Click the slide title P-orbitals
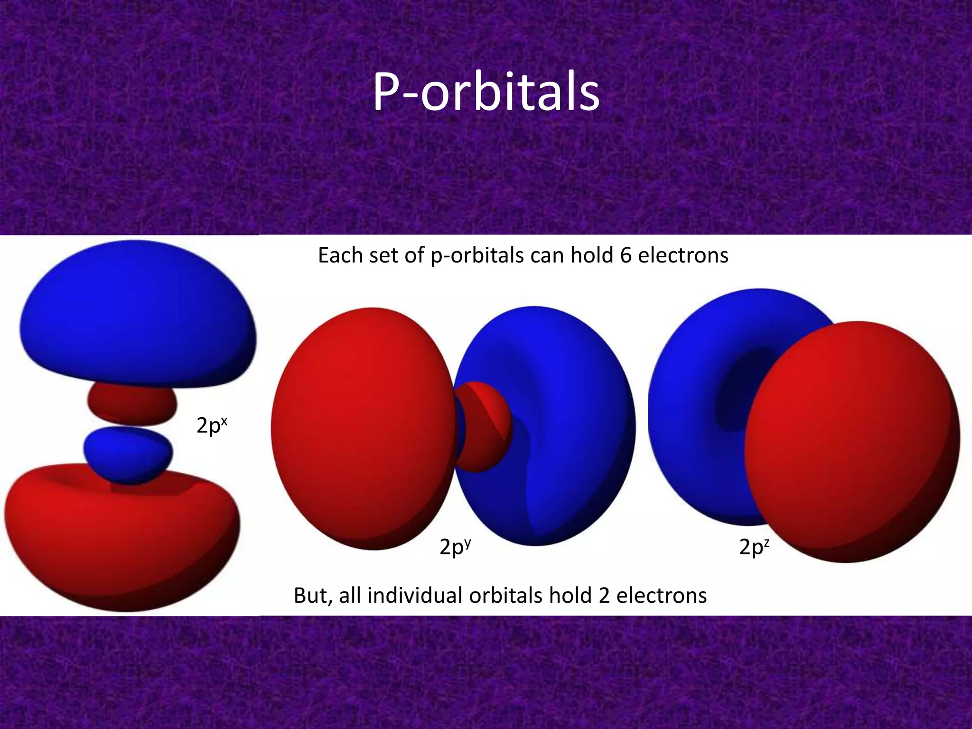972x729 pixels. (486, 93)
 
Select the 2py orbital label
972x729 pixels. (455, 547)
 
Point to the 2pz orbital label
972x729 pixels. (754, 547)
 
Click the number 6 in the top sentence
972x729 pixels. (626, 255)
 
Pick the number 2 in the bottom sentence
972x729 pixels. (604, 595)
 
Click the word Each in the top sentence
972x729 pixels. (338, 255)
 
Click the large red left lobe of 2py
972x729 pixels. (361, 427)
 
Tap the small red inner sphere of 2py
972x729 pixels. (486, 425)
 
